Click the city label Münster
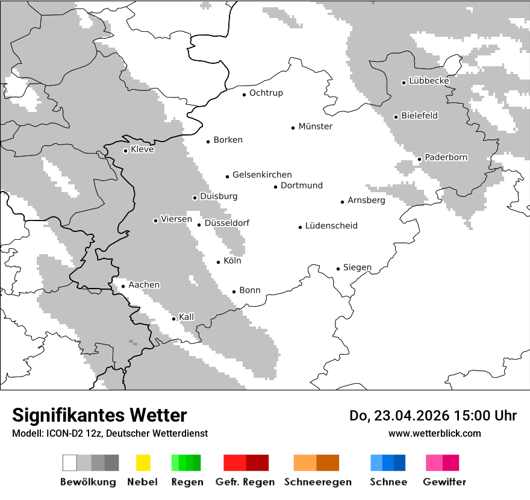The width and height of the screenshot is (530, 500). (315, 127)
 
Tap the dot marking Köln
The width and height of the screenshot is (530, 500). (219, 262)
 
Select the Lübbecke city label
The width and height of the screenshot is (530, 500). (429, 81)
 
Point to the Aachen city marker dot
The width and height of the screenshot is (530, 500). (123, 287)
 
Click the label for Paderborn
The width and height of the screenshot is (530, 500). (446, 157)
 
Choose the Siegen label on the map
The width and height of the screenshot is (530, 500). (357, 267)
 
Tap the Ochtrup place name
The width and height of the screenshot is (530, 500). (266, 93)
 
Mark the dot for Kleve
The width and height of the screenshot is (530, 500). (125, 151)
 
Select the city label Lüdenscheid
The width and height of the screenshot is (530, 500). (331, 226)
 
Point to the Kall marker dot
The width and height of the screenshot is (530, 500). (174, 319)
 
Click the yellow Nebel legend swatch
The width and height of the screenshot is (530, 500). (143, 463)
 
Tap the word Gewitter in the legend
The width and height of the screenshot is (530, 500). (444, 482)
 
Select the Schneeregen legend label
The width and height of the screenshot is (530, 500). (318, 482)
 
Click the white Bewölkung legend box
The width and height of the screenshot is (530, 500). (70, 463)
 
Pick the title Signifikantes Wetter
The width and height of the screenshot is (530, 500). (99, 416)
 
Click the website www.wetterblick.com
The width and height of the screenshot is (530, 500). (434, 434)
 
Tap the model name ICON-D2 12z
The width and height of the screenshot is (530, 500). (70, 434)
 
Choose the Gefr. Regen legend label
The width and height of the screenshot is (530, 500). (245, 482)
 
